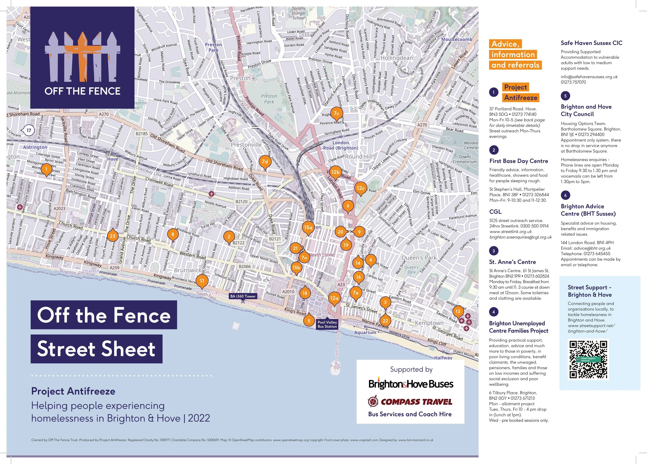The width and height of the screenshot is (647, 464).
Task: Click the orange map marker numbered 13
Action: pyautogui.click(x=458, y=311)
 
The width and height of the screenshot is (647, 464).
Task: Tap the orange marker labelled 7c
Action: pyautogui.click(x=336, y=113)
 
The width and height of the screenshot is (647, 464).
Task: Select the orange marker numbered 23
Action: pyautogui.click(x=112, y=236)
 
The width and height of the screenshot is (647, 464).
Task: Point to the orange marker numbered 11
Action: pyautogui.click(x=202, y=281)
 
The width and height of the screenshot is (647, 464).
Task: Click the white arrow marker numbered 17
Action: pyautogui.click(x=28, y=131)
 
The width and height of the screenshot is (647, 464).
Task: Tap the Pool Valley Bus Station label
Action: pyautogui.click(x=327, y=324)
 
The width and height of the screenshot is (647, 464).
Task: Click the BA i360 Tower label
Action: pyautogui.click(x=243, y=296)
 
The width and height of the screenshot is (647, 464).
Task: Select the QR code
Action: pyautogui.click(x=589, y=359)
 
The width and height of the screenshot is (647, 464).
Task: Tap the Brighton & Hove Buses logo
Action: pyautogui.click(x=410, y=384)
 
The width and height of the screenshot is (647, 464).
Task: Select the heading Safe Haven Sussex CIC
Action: pyautogui.click(x=591, y=43)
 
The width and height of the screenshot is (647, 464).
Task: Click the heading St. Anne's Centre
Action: pyautogui.click(x=512, y=262)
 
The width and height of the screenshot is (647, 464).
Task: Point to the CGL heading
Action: pyautogui.click(x=495, y=212)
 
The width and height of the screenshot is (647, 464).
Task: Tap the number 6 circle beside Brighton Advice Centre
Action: pyautogui.click(x=565, y=195)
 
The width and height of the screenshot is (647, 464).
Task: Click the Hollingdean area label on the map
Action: pyautogui.click(x=396, y=58)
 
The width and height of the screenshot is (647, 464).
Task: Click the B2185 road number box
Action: pyautogui.click(x=142, y=134)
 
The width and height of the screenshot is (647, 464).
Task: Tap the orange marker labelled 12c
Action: pyautogui.click(x=360, y=188)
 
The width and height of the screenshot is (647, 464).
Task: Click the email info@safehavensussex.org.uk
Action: pyautogui.click(x=589, y=77)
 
